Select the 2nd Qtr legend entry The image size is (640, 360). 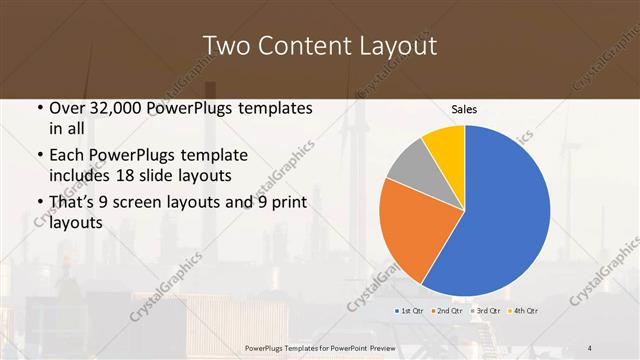[x=448, y=312]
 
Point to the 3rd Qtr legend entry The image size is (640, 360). [x=485, y=312]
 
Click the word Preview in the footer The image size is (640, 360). [x=391, y=347]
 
